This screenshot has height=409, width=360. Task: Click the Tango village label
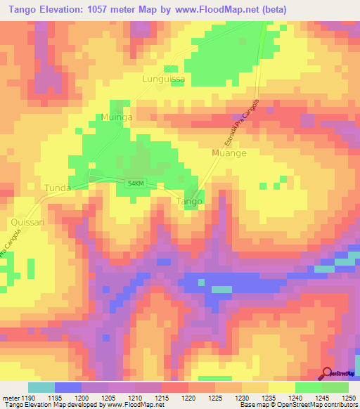[188, 201]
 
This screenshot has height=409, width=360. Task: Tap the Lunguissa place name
[164, 79]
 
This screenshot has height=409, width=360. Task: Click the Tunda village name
[58, 188]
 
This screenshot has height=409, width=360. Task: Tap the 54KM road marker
[136, 183]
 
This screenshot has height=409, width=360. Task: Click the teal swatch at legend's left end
[41, 387]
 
